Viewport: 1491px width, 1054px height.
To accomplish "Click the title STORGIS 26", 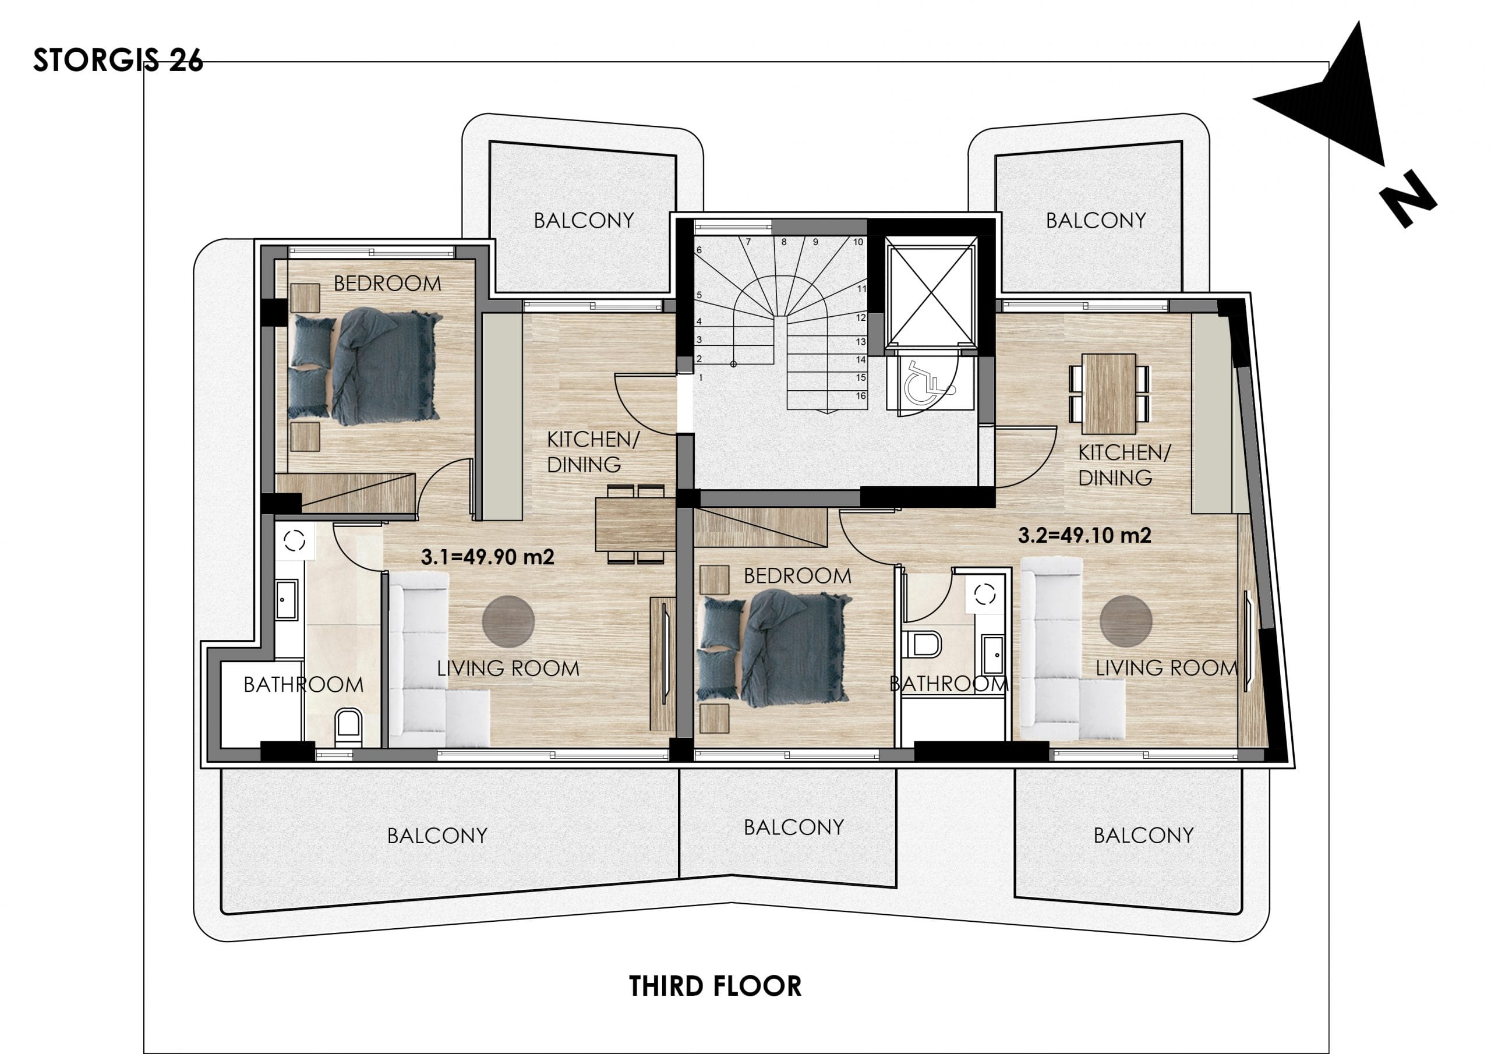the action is (x=118, y=61).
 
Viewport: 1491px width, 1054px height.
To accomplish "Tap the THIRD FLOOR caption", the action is (x=715, y=986).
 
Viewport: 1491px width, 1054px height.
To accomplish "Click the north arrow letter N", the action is (x=1407, y=199).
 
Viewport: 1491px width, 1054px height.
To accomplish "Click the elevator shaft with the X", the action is (x=931, y=292).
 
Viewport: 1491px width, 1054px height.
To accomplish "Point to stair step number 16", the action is (x=860, y=395).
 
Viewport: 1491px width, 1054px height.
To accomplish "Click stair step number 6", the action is (x=699, y=250).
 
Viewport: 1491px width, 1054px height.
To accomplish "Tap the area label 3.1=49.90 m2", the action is (x=487, y=557).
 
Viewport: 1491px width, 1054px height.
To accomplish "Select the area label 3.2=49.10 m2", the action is (x=1084, y=535).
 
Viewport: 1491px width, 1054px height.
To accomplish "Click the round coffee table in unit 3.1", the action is (x=508, y=621).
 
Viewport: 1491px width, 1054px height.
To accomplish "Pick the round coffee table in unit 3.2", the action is (x=1126, y=621).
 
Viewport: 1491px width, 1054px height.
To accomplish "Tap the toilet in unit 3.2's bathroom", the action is (x=921, y=644).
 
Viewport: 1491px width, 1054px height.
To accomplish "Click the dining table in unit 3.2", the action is (x=1109, y=394).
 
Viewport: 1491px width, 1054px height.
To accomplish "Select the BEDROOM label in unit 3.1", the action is (x=387, y=283).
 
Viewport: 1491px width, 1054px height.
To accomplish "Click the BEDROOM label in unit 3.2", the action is (x=797, y=575).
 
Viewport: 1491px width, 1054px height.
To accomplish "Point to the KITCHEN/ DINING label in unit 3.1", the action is (x=593, y=452).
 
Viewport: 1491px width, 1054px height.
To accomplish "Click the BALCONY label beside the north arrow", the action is (x=1096, y=220).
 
